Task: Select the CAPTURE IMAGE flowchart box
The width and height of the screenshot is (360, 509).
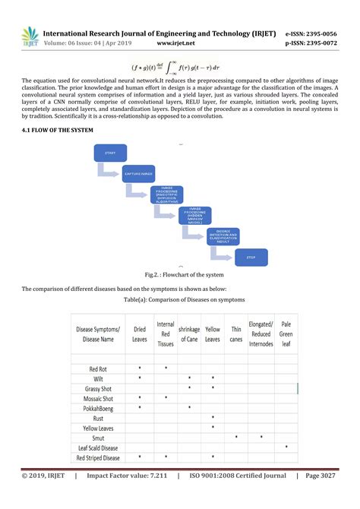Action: [137, 175]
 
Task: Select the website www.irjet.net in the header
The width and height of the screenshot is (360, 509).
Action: [177, 44]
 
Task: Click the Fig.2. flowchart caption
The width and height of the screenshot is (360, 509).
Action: [179, 273]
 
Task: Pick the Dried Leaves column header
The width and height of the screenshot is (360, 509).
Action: [140, 334]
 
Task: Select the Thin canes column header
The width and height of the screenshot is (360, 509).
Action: [236, 334]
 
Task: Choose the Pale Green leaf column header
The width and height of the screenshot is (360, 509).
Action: [286, 334]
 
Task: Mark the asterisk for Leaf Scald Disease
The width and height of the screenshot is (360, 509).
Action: [286, 447]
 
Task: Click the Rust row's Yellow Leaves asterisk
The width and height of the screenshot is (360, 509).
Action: [213, 418]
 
